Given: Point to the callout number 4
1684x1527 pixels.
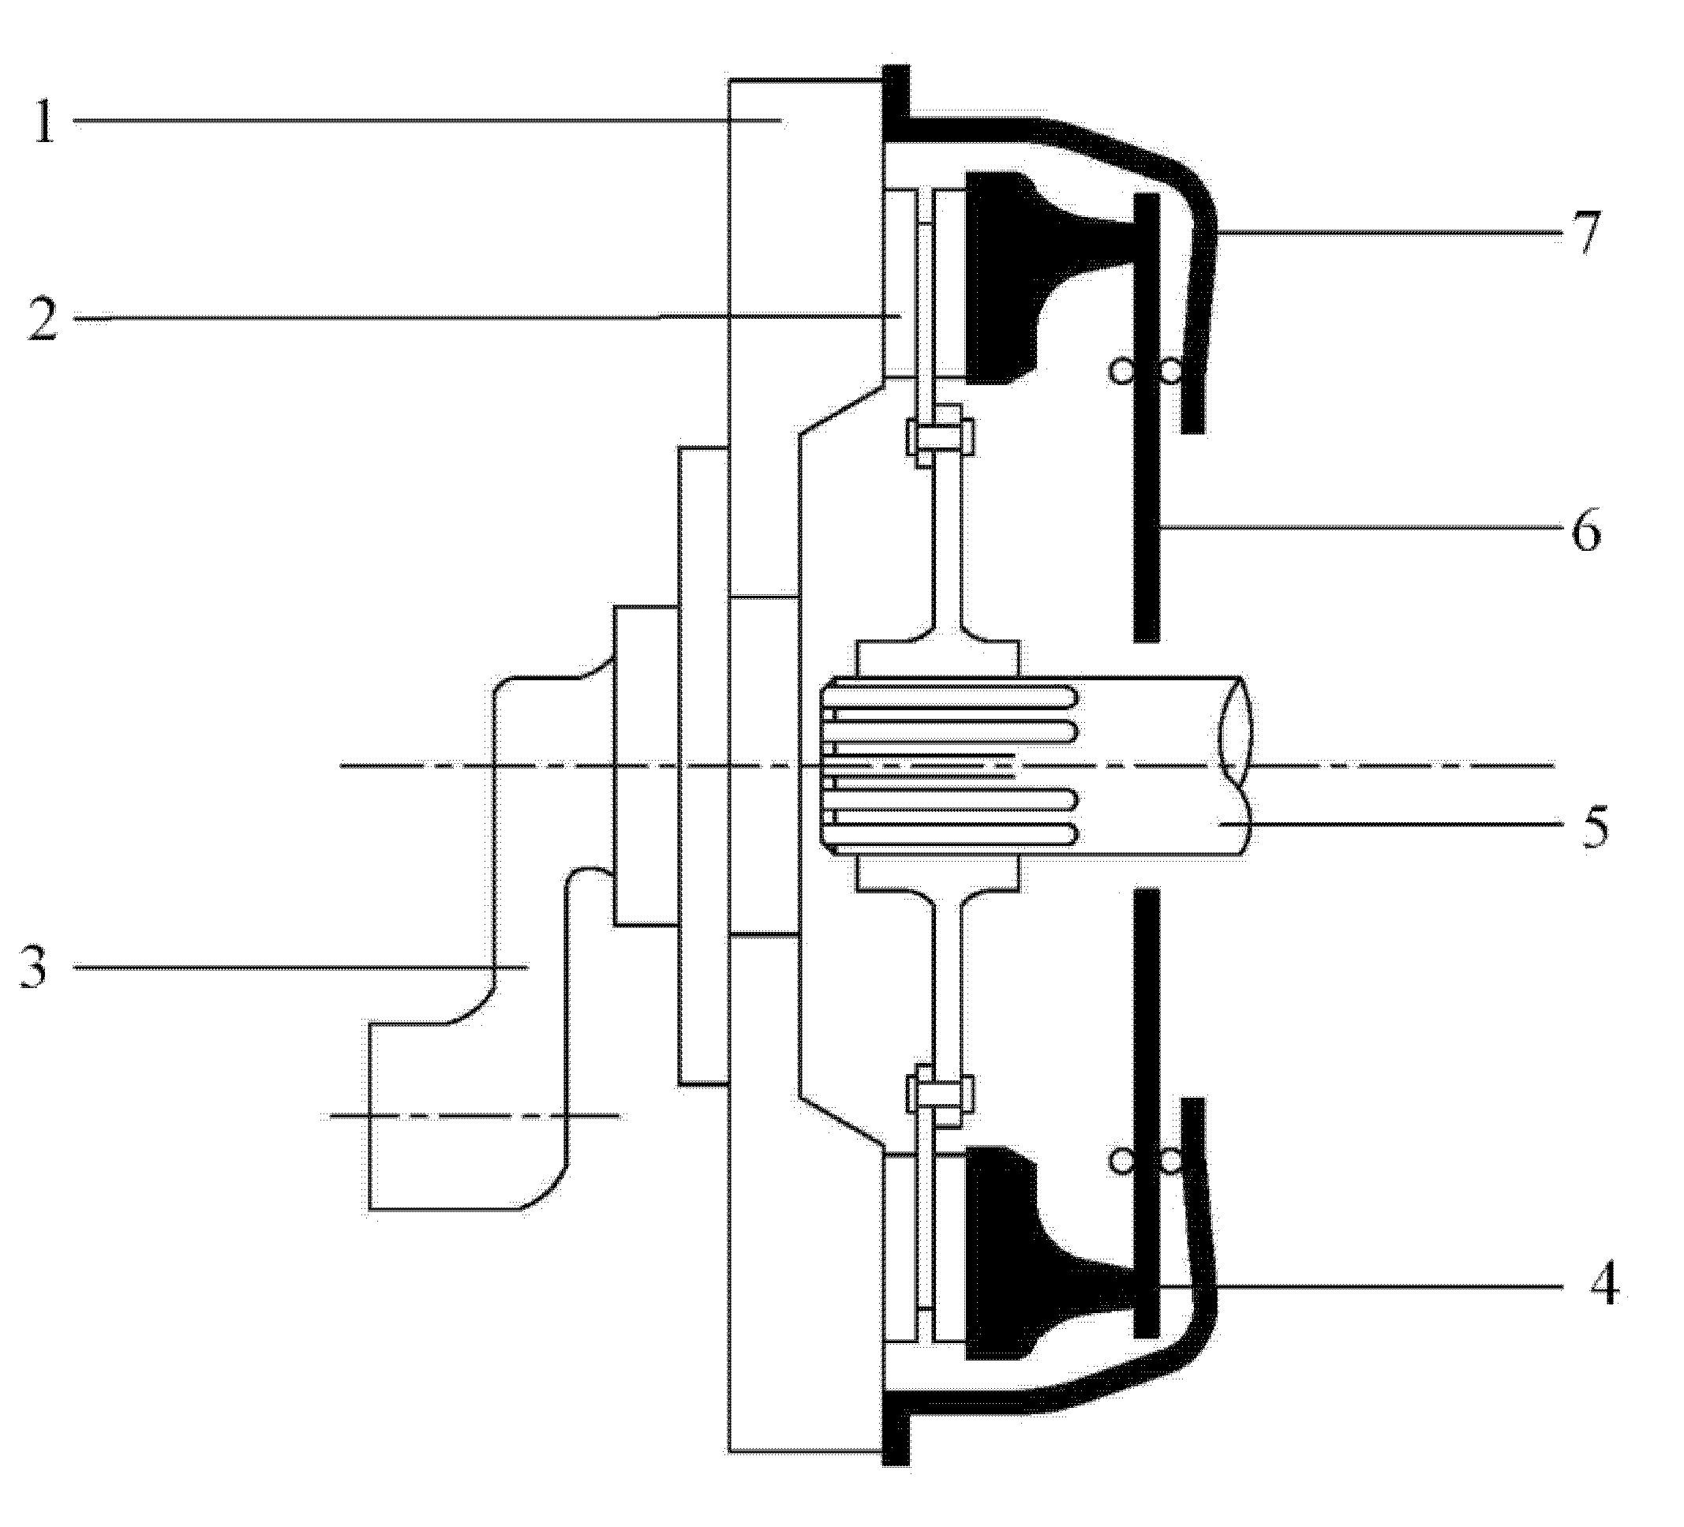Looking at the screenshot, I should (1604, 1287).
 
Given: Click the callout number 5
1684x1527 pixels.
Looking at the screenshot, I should (1595, 827).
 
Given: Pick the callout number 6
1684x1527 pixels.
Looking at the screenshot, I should (1586, 530).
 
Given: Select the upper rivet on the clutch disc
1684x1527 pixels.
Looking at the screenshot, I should (941, 436).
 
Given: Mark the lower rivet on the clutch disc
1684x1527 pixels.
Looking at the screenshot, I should (941, 1093).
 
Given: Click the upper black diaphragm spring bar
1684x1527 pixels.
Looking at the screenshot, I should (1147, 417).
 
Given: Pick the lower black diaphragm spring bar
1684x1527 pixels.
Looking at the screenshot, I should (1147, 1111).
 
